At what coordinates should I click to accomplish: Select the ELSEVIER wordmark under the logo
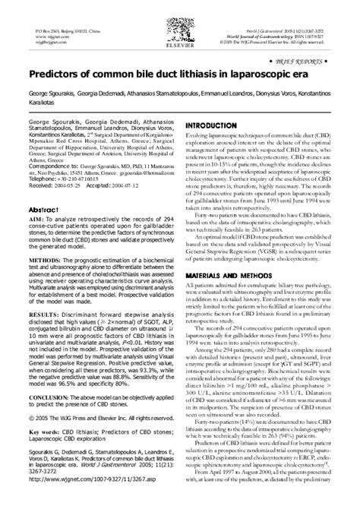180,33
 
